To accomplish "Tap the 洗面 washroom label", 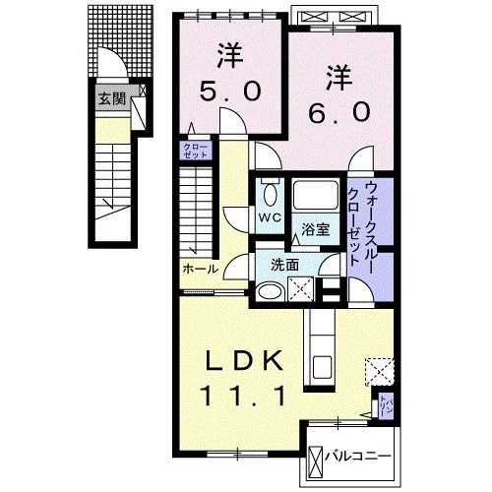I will (285, 265).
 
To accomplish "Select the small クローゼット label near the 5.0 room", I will (190, 151).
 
